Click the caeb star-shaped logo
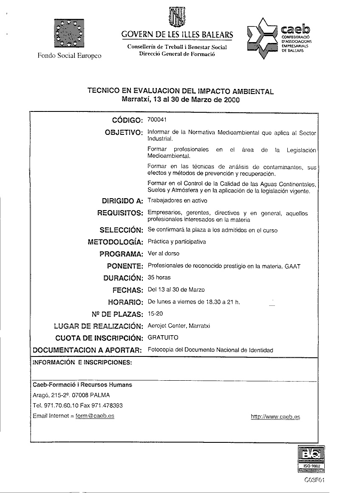[262, 38]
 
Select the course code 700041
[156, 120]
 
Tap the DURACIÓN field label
[122, 279]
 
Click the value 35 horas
[159, 277]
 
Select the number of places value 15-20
[154, 313]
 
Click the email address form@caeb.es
[95, 416]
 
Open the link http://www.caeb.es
[275, 417]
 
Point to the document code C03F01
[315, 480]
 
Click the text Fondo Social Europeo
[69, 56]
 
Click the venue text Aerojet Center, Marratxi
[179, 326]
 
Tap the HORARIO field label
[124, 302]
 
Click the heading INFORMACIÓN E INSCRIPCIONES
[82, 363]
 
